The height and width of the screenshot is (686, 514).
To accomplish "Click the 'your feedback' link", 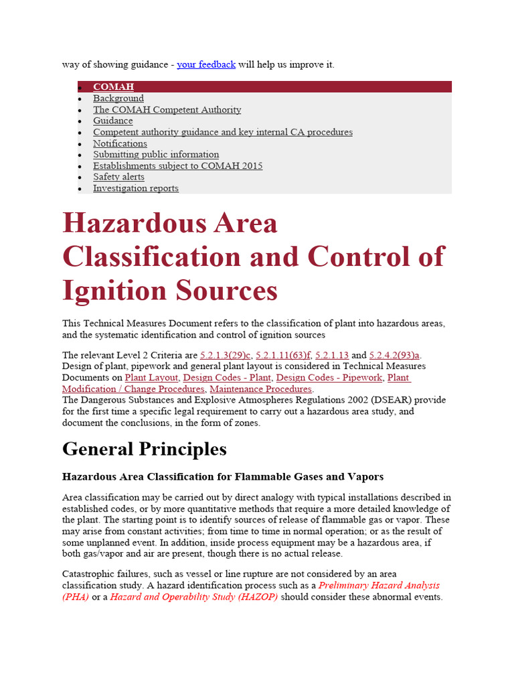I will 206,64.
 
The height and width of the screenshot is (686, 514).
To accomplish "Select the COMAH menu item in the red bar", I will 113,87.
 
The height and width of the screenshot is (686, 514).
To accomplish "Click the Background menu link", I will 118,98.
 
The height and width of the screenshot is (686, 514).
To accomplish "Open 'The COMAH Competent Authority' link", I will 167,110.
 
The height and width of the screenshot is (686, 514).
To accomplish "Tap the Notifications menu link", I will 120,143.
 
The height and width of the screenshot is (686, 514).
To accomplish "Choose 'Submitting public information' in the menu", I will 156,155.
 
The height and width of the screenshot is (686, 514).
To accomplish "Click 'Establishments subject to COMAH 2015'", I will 177,165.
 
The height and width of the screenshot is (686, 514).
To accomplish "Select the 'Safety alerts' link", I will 118,177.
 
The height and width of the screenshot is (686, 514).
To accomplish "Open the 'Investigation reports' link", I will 136,188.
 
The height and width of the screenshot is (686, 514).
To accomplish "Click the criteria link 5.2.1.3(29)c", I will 225,355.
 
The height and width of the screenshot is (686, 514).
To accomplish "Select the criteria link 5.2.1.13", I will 332,355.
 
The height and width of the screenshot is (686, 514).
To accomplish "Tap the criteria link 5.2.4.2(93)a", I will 395,355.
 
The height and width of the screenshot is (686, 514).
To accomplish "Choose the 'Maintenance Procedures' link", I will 260,389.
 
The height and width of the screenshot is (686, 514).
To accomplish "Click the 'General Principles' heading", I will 145,448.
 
